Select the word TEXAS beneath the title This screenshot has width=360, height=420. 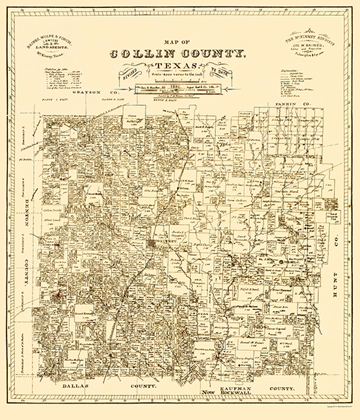182,70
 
